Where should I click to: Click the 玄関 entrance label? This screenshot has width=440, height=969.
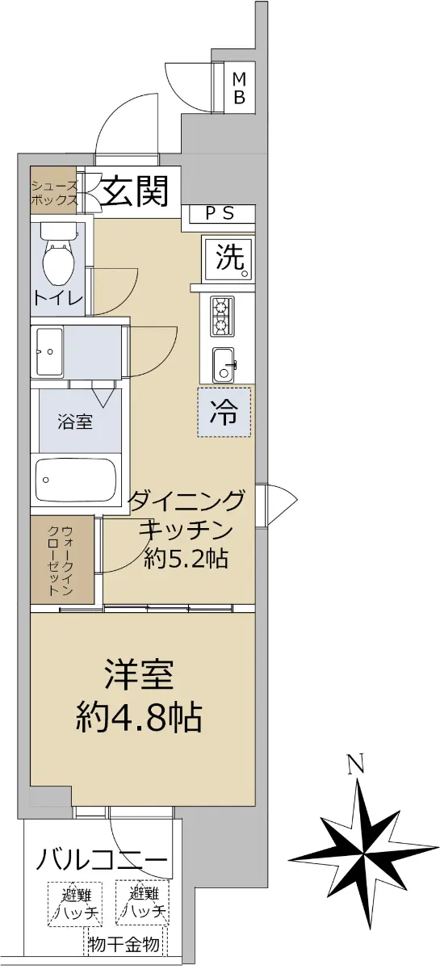point(135,191)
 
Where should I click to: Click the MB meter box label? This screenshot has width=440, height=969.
point(239,88)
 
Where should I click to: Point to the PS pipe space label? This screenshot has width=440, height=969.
point(220,213)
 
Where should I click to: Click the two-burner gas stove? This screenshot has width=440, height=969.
point(222,317)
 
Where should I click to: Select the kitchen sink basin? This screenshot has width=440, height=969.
point(224,365)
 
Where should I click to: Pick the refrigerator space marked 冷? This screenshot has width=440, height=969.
point(224,412)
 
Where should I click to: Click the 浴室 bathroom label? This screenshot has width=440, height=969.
point(75,421)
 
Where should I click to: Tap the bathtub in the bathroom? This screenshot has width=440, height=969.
point(76,480)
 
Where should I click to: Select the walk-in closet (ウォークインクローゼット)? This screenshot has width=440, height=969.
point(62,560)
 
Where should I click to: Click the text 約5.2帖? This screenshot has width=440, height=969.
point(186,560)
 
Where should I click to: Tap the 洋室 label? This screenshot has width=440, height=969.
point(139,674)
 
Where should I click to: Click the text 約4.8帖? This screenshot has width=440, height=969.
point(139,717)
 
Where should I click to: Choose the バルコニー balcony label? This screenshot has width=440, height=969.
point(102,858)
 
